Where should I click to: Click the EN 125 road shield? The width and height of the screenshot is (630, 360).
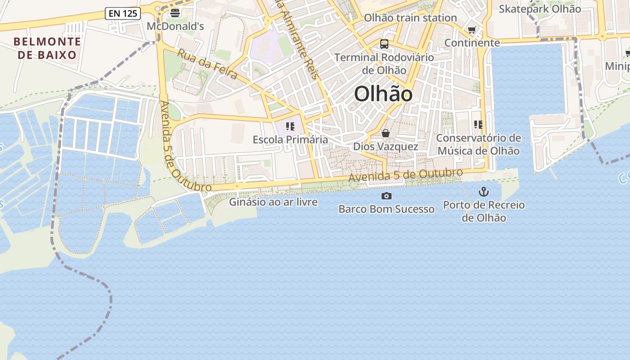pyautogui.click(x=123, y=13)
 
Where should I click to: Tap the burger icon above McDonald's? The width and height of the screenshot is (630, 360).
pyautogui.click(x=175, y=13)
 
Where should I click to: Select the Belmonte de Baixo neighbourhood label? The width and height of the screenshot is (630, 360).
pyautogui.click(x=47, y=49)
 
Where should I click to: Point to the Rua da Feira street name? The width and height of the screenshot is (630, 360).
pyautogui.click(x=207, y=64)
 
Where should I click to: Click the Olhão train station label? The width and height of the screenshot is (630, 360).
pyautogui.click(x=410, y=18)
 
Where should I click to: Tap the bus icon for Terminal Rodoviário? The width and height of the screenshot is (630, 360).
pyautogui.click(x=384, y=44)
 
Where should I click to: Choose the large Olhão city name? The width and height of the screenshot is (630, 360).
pyautogui.click(x=383, y=94)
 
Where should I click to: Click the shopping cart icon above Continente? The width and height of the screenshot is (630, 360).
pyautogui.click(x=472, y=30)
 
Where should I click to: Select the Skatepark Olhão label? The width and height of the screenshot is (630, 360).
pyautogui.click(x=540, y=9)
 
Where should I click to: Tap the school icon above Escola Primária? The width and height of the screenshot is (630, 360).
pyautogui.click(x=290, y=126)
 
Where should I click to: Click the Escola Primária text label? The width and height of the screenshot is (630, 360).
pyautogui.click(x=290, y=139)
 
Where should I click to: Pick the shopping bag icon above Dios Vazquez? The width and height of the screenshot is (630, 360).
pyautogui.click(x=386, y=133)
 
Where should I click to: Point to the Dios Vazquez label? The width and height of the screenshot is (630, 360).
pyautogui.click(x=386, y=146)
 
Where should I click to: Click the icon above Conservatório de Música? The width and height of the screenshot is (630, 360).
pyautogui.click(x=478, y=125)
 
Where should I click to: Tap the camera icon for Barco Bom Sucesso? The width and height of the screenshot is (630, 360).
pyautogui.click(x=386, y=196)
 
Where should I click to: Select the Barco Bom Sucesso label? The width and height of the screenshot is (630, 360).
pyautogui.click(x=386, y=209)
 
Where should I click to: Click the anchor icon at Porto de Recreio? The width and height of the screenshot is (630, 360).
pyautogui.click(x=483, y=192)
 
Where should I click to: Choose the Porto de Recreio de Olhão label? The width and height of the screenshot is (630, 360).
pyautogui.click(x=484, y=211)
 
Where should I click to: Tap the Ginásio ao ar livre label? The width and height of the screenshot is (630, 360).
pyautogui.click(x=273, y=202)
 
